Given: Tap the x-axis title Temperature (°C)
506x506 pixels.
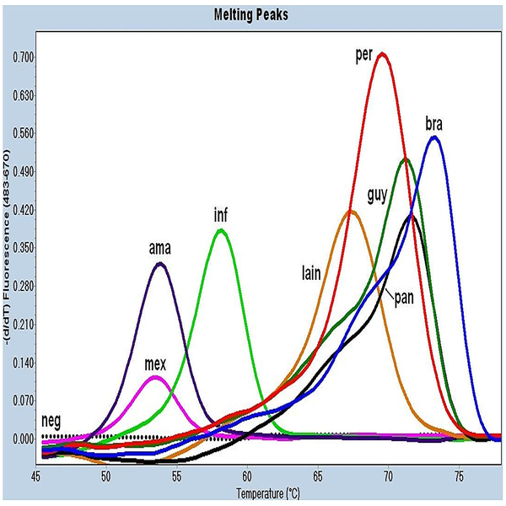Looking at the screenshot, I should click(267, 493).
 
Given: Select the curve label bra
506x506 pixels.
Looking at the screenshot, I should click(434, 126).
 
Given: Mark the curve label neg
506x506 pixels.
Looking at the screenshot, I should click(50, 420).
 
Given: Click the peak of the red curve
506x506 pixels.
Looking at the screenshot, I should click(383, 54).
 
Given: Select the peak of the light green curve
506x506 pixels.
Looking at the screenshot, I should click(221, 229).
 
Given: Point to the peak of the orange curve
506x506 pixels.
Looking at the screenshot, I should click(351, 211).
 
